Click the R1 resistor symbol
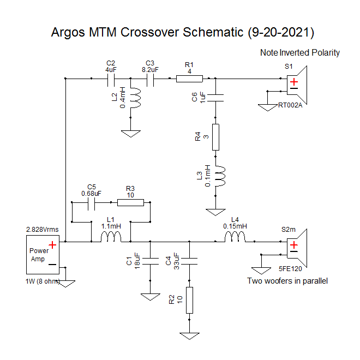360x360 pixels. [x=189, y=79]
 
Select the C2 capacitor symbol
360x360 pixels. [x=111, y=79]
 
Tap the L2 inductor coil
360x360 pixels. [x=137, y=98]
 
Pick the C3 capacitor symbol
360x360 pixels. [x=151, y=79]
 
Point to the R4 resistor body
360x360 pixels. [x=215, y=137]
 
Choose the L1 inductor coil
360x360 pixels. [x=111, y=237]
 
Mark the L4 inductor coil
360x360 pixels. [x=235, y=237]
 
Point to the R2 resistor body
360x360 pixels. [x=189, y=300]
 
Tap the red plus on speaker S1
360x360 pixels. [x=294, y=82]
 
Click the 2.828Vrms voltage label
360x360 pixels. [x=42, y=230]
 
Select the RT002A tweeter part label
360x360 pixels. [x=290, y=105]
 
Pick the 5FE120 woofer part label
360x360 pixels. [x=290, y=269]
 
